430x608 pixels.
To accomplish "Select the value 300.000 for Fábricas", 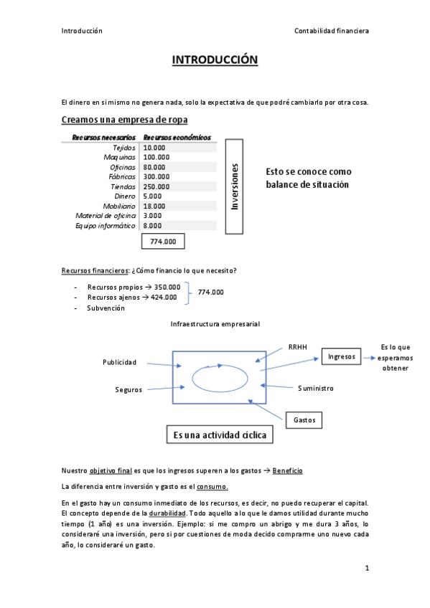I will coord(156,176).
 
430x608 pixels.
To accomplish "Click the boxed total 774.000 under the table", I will coord(164,242).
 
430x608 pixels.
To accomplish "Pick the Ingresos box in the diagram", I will coord(342,356).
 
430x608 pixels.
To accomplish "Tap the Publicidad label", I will coord(119,362).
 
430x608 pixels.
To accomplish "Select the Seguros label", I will coord(128,389).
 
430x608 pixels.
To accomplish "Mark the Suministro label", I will coord(316,388).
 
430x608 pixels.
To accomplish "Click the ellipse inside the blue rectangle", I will coord(220,378).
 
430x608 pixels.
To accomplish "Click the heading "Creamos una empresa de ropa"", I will coord(125,119).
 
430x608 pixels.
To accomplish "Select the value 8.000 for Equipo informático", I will coord(152,226).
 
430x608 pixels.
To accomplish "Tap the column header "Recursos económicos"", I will coord(177,137).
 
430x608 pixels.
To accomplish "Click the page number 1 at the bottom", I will coord(366,569).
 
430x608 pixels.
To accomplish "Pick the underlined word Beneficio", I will coord(288,470).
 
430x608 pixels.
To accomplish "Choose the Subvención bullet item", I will coord(106,308).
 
